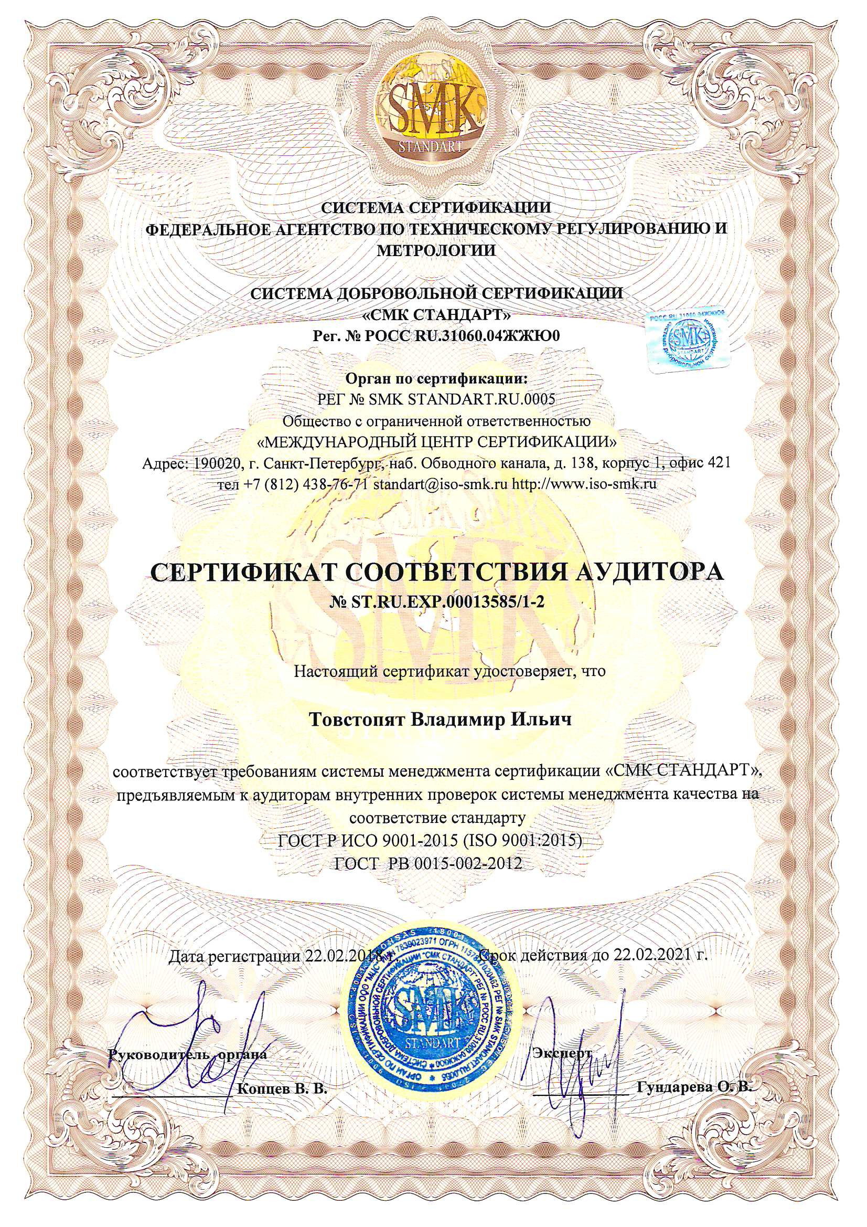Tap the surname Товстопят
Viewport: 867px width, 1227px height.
pos(357,720)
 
